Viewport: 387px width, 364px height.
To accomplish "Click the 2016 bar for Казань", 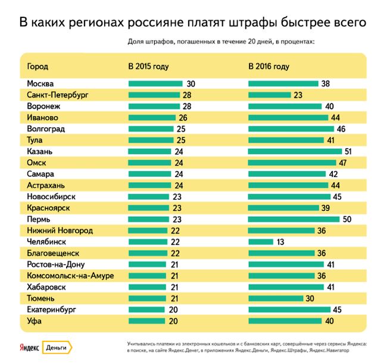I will (x=295, y=152).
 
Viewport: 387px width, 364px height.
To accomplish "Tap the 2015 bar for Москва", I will (x=155, y=84).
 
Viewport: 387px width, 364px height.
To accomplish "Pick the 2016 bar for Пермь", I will (x=294, y=219).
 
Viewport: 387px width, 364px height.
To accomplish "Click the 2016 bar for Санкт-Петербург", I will (x=269, y=95).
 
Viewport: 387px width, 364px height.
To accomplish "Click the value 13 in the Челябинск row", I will (x=279, y=242).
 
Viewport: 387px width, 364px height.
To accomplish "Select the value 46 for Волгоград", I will (x=341, y=129).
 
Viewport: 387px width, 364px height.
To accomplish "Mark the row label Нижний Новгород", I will (x=60, y=231).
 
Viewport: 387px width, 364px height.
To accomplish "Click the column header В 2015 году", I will (x=149, y=66).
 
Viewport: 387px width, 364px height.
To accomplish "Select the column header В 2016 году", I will (x=269, y=66).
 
